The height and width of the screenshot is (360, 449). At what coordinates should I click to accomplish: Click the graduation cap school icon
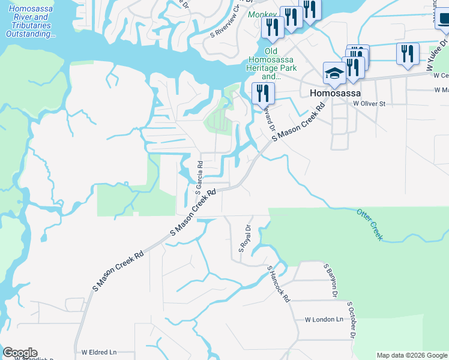[334, 74]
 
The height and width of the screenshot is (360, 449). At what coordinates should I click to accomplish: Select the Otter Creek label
[369, 224]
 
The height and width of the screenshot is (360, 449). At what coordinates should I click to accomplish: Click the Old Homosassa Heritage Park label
[271, 64]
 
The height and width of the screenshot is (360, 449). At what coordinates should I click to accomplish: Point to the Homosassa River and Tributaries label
[30, 22]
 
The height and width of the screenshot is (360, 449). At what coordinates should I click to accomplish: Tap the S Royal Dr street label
[244, 238]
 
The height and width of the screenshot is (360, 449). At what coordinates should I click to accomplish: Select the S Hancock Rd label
[279, 283]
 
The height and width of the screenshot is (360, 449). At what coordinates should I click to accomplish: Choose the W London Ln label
[324, 320]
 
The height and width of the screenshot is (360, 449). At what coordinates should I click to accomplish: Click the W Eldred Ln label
[99, 352]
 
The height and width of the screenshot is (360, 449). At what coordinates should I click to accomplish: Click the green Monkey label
[262, 14]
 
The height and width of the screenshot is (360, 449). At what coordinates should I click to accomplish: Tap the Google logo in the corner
[19, 353]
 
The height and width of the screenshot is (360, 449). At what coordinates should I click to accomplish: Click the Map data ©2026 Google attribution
[412, 355]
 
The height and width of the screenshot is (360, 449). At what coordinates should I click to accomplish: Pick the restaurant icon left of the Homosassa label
[263, 94]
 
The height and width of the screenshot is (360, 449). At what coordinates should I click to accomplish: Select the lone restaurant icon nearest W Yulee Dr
[408, 54]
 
